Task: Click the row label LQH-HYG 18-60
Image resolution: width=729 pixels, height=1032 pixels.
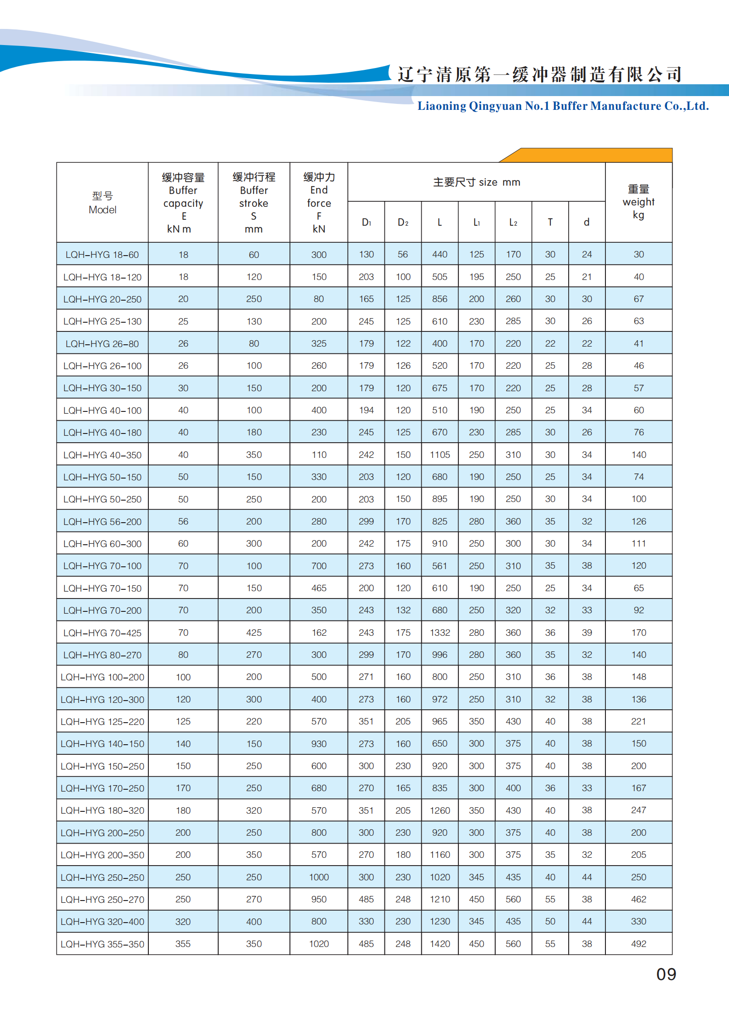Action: (x=102, y=255)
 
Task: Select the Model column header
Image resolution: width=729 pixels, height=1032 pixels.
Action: (x=102, y=203)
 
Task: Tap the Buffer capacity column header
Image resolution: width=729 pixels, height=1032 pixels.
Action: (x=183, y=203)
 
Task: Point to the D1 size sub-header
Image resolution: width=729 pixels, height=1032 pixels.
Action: (x=366, y=222)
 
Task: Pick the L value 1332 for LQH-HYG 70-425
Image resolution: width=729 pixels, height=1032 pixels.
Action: (x=440, y=633)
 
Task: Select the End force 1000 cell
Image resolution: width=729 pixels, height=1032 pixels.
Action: (x=319, y=877)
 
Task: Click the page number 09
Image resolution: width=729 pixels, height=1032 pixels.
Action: (x=666, y=975)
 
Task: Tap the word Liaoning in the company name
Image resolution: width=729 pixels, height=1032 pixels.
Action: (x=441, y=106)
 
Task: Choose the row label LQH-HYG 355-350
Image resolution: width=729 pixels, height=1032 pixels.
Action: (x=102, y=944)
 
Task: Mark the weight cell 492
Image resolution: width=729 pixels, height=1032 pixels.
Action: (x=639, y=944)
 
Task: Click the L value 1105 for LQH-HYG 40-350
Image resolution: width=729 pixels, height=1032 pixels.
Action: (x=440, y=455)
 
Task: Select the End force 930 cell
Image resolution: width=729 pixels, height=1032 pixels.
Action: (x=319, y=744)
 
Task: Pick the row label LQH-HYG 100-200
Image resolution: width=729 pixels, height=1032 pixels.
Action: (x=102, y=677)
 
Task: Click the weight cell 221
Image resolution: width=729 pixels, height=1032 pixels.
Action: (x=639, y=721)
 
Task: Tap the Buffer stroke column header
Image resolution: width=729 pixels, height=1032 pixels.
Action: (x=254, y=203)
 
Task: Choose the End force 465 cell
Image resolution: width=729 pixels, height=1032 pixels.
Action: (x=319, y=588)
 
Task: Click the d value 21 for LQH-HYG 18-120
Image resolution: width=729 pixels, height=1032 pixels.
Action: (x=587, y=277)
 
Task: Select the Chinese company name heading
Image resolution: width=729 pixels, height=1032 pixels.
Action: (x=539, y=74)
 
